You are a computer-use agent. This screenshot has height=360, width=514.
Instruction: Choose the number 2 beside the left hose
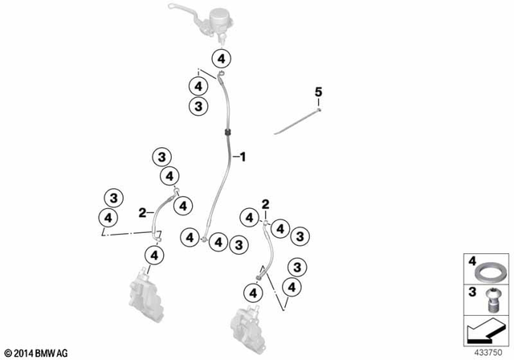coord(142,213)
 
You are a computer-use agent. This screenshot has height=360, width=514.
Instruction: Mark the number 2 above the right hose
coord(264,205)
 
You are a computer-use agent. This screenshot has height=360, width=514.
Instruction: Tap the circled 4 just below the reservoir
coord(222,58)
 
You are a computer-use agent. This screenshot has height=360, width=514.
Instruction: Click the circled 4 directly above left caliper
coord(155,257)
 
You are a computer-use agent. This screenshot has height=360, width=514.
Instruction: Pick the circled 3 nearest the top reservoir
coord(198,106)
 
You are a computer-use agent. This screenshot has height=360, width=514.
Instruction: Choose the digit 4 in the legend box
coord(471,261)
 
